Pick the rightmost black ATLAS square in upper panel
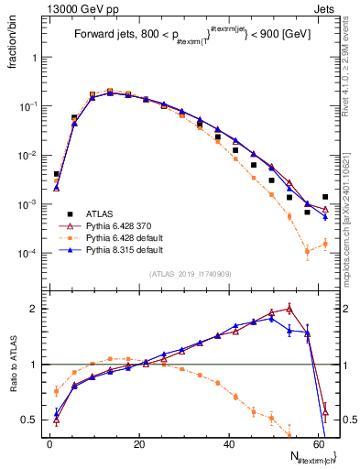click(325, 196)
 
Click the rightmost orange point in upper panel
click(325, 243)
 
